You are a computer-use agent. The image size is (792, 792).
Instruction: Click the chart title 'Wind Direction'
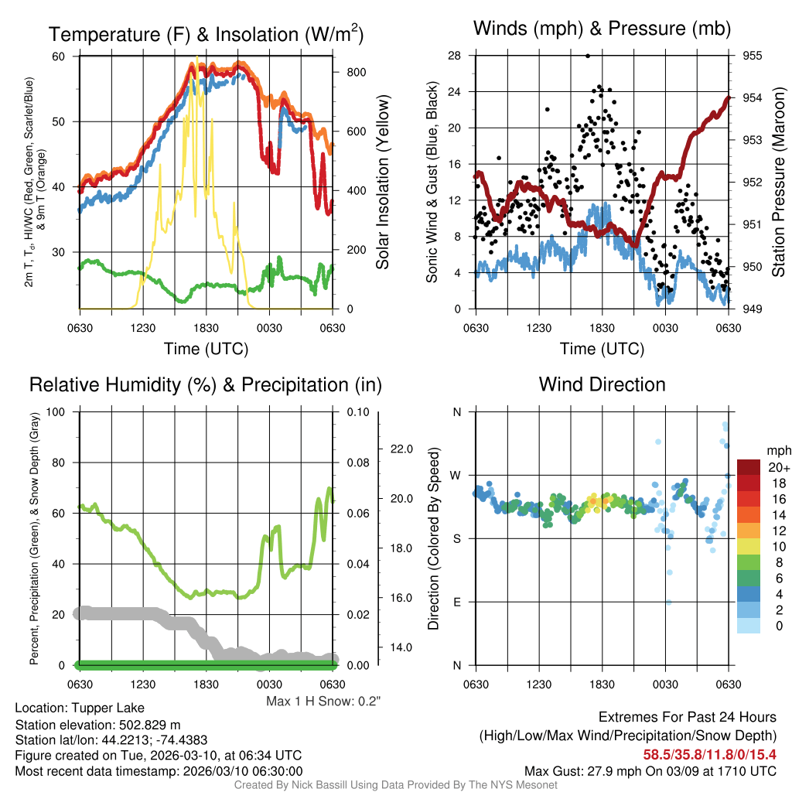tap(602, 384)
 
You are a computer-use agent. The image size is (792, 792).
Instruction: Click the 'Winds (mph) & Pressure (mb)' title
tap(602, 29)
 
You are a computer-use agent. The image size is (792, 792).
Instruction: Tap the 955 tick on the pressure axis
tap(752, 56)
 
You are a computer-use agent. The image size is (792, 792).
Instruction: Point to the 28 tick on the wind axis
tap(454, 56)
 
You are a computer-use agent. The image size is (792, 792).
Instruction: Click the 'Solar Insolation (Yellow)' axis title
tap(383, 182)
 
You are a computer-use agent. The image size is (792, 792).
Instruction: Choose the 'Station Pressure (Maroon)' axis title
tap(779, 182)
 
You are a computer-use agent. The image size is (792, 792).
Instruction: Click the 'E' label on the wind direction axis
tap(456, 602)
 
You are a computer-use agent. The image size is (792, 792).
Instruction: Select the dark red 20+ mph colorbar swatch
tap(749, 467)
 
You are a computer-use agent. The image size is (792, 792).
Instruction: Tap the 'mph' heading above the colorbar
tap(777, 450)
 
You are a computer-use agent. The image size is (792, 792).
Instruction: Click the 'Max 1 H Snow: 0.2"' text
tap(323, 702)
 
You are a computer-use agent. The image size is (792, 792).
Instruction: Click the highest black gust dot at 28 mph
tap(588, 56)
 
